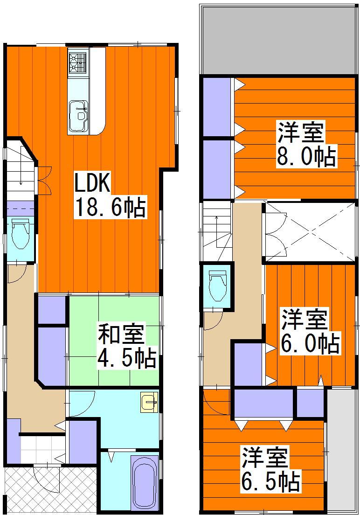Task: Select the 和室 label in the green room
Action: [121, 335]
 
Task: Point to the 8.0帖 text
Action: [306, 157]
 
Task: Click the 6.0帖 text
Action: [310, 344]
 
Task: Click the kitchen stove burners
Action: [78, 63]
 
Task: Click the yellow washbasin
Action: [149, 403]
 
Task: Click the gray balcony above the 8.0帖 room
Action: [278, 40]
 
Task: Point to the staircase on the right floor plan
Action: [216, 231]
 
